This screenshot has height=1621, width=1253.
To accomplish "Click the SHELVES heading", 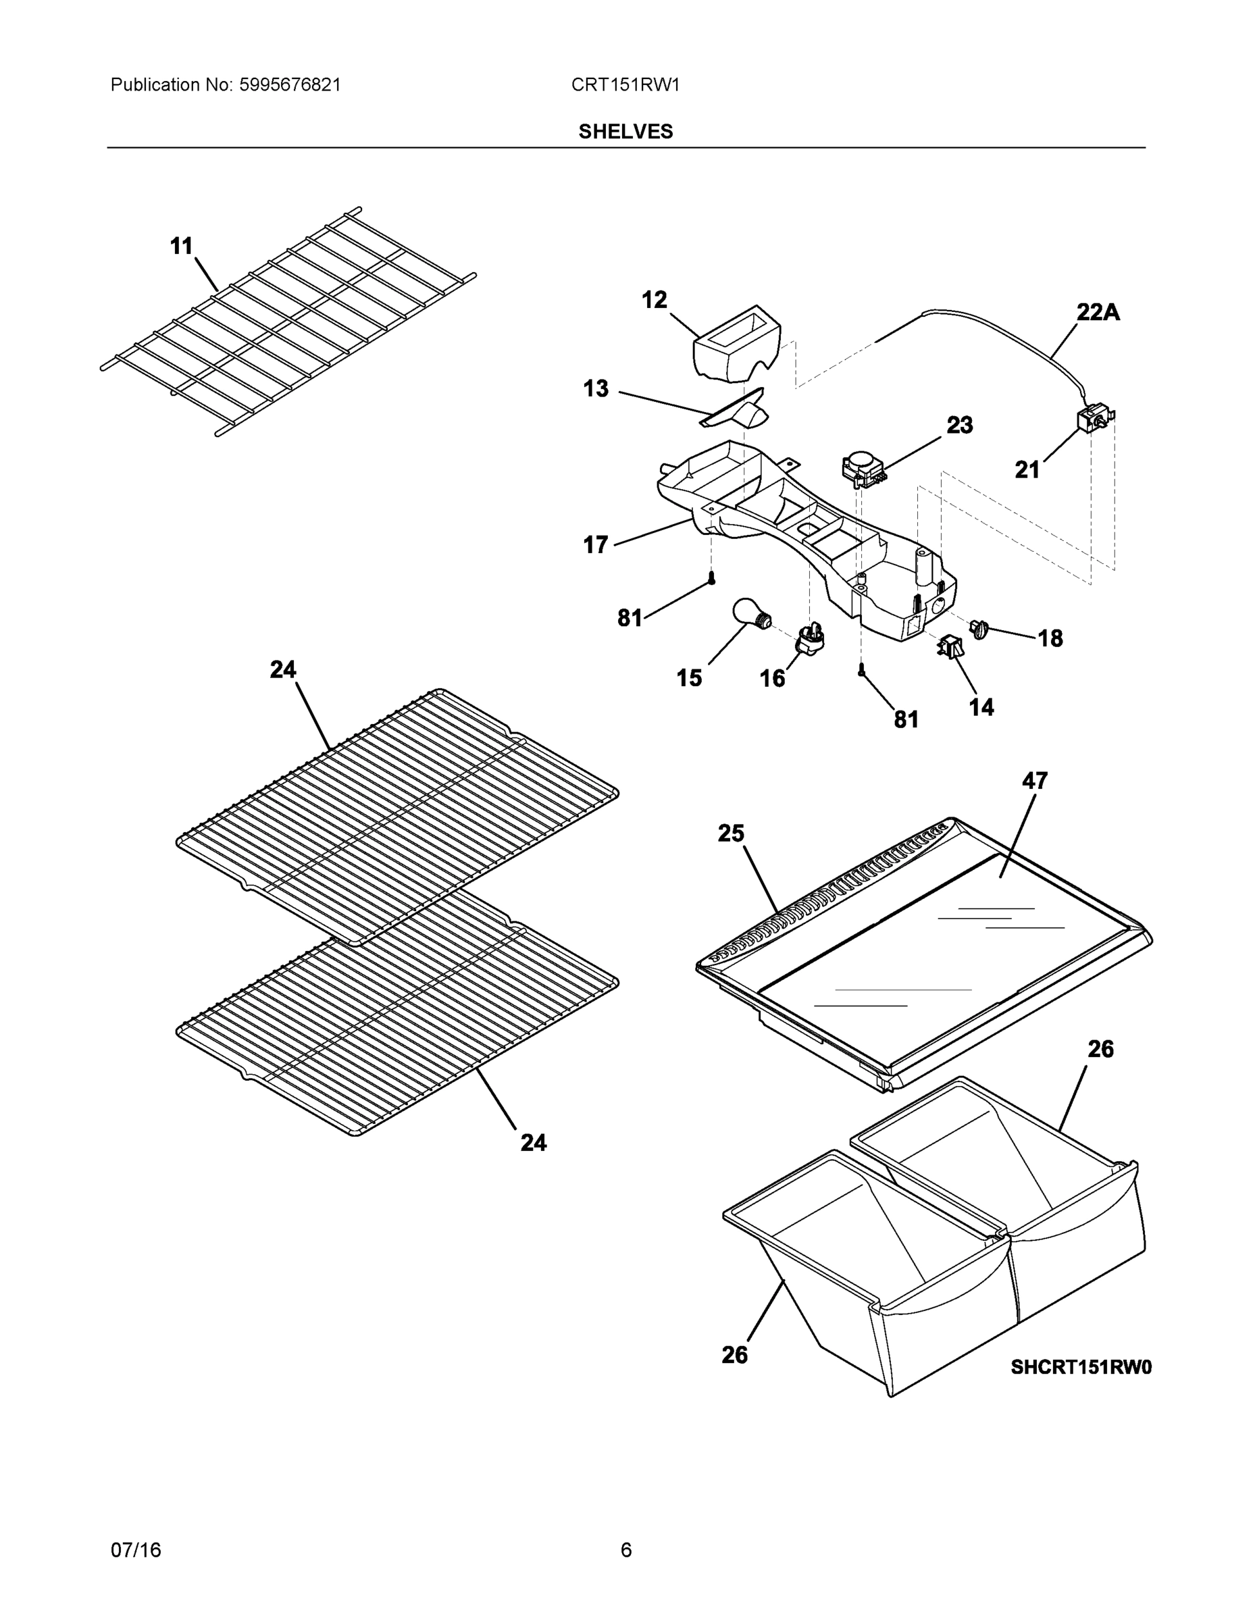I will [625, 132].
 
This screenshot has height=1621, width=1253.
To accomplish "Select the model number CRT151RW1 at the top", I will [625, 84].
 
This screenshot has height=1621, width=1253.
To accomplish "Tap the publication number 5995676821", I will [290, 84].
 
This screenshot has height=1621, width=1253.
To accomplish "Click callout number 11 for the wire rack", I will [181, 246].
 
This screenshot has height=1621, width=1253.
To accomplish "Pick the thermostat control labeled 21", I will [1095, 422].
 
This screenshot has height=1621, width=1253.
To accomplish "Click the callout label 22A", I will [1098, 313].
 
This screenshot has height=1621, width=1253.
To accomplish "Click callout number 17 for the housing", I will [595, 545].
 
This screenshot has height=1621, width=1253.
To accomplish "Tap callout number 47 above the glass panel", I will [1034, 781].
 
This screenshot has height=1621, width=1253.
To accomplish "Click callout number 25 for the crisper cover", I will [730, 833].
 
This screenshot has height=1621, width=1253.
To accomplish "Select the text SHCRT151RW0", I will [1081, 1367].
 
